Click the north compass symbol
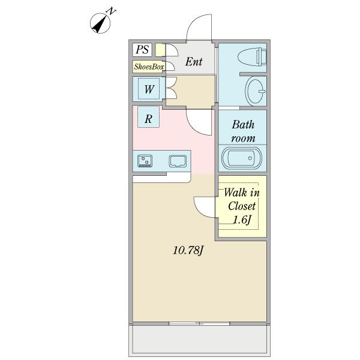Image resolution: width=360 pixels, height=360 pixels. (x=100, y=23)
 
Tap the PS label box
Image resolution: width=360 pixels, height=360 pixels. (x=142, y=50)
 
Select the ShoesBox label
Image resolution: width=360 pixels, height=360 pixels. (x=149, y=67)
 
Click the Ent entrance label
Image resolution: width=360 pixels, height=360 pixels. (x=194, y=62)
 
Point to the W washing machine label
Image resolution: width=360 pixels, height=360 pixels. (x=149, y=89)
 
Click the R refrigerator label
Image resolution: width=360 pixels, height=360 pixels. (x=148, y=119)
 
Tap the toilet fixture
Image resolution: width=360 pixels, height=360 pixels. (x=252, y=56)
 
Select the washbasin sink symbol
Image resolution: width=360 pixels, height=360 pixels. (x=256, y=92)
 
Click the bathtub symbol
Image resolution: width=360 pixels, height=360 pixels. (x=241, y=158)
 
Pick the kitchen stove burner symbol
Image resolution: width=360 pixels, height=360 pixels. (x=145, y=161)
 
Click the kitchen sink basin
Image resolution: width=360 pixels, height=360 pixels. (x=178, y=161)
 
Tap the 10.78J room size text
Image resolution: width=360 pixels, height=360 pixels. (x=188, y=250)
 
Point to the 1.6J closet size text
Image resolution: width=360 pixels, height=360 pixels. (x=242, y=220)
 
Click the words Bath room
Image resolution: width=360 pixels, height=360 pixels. (x=243, y=131)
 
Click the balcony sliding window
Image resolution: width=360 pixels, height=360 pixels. (x=199, y=323)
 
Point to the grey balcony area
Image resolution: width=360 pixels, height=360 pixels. (x=199, y=339)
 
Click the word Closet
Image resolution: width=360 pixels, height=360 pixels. (x=242, y=206)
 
